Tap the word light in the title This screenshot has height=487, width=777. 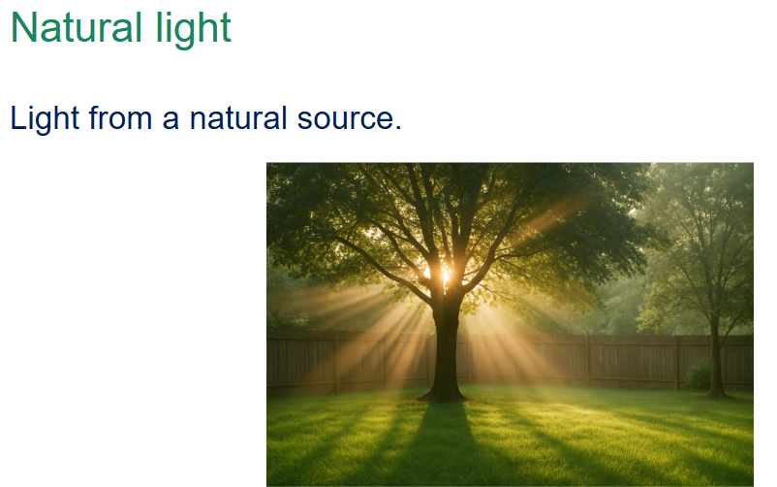pos(193,30)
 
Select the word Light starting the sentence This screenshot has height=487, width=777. pos(45,119)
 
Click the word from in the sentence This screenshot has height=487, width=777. pos(120,118)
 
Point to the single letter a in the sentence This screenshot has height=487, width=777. pos(171,121)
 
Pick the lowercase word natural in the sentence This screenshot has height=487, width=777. pos(238,118)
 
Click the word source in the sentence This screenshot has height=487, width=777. pos(345,121)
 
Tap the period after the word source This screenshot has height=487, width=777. pos(397,128)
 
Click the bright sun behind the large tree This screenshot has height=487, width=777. pos(443,274)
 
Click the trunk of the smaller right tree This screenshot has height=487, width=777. pos(716,357)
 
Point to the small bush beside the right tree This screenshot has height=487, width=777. pos(698,375)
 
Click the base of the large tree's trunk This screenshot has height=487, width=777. pos(444,395)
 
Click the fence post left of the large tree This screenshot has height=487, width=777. pos(338,363)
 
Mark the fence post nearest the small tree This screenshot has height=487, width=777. pos(676,363)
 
